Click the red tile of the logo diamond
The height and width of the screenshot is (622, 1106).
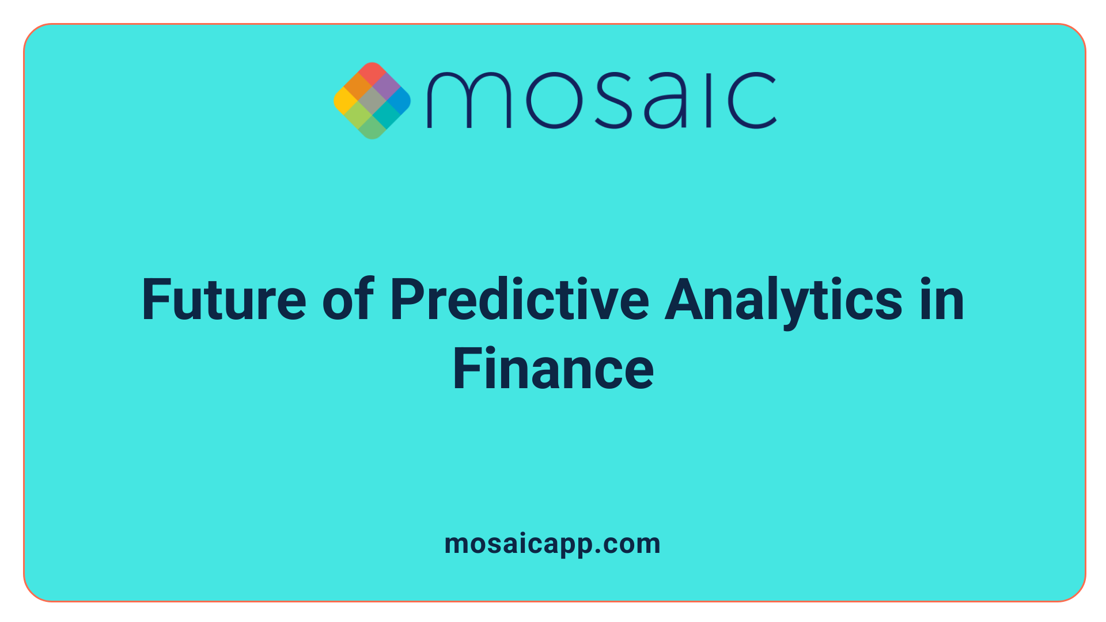(372, 73)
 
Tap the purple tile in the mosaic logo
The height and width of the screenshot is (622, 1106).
(386, 87)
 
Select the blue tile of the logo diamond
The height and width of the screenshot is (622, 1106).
(399, 101)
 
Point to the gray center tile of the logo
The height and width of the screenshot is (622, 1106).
(372, 101)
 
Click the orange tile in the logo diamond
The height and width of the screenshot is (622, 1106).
(358, 87)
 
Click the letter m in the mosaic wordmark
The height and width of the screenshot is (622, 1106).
(468, 100)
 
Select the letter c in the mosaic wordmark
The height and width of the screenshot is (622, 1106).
(752, 100)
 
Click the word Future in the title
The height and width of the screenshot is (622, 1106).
(224, 299)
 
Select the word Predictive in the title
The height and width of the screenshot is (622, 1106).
(520, 299)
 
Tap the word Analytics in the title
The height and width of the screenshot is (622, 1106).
(783, 299)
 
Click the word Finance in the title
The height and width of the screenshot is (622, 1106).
(553, 369)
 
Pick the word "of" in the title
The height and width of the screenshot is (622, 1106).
(348, 299)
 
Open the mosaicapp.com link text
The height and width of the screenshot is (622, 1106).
(552, 544)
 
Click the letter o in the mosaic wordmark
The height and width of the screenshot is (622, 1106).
(552, 100)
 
